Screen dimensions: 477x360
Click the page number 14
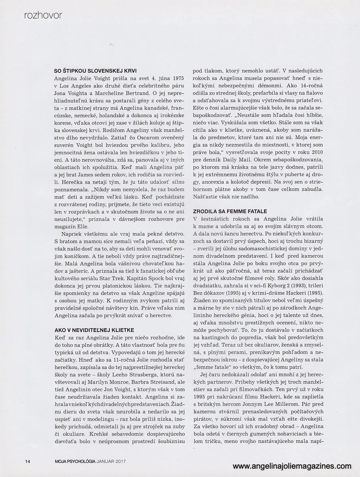[x=27, y=461]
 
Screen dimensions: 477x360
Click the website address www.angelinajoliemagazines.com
[x=292, y=466]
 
